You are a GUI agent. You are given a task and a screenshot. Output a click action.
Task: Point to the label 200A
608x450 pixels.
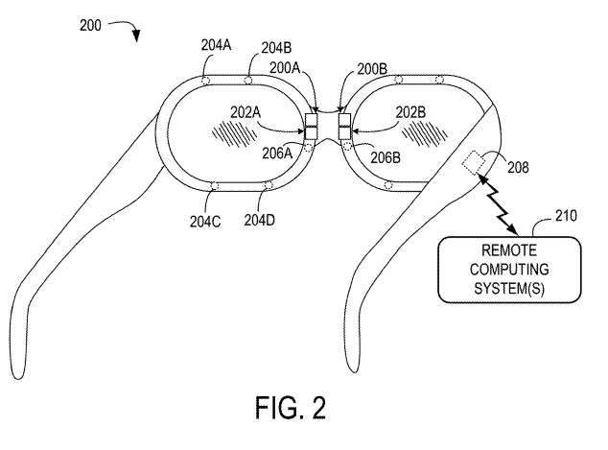(x=286, y=68)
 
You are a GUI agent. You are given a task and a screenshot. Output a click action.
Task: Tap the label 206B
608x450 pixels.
(x=385, y=154)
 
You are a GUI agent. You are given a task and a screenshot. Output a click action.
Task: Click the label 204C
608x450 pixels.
(x=204, y=221)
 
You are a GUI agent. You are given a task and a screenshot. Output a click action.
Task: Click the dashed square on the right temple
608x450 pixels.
(x=474, y=162)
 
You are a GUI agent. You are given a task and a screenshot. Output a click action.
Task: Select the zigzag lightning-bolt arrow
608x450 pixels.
(x=502, y=204)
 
